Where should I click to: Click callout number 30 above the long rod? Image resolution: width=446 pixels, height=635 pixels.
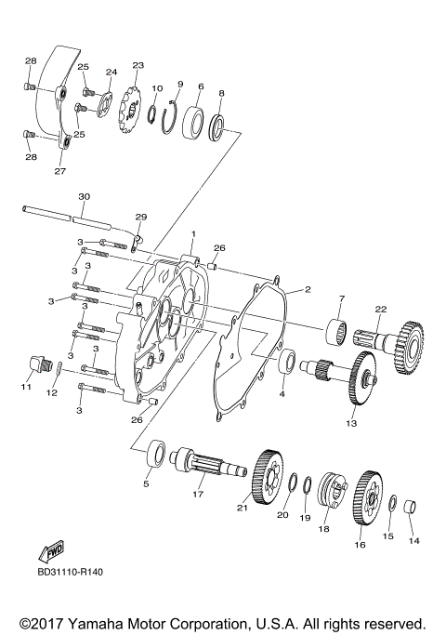(84, 196)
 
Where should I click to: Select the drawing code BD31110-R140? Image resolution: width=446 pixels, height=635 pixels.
(71, 571)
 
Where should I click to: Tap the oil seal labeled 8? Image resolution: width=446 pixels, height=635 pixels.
(219, 126)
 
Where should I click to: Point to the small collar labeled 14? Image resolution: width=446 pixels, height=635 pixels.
(415, 509)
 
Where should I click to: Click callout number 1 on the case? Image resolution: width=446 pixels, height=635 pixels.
(193, 232)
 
